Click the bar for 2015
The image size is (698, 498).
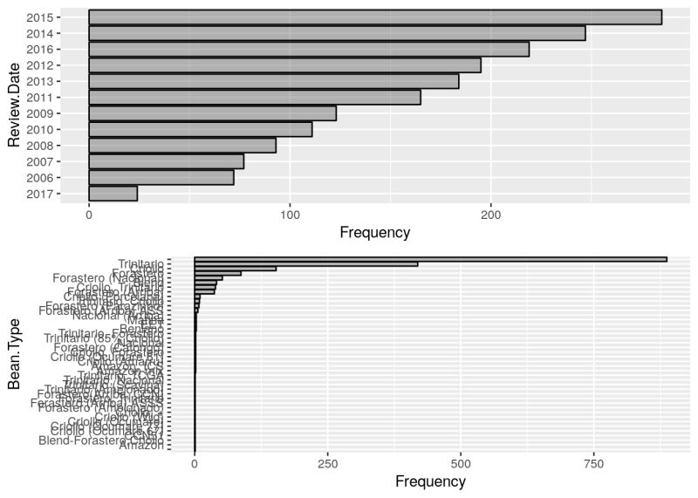pyautogui.click(x=375, y=17)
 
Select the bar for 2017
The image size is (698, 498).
pyautogui.click(x=113, y=194)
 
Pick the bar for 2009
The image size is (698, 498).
pyautogui.click(x=212, y=113)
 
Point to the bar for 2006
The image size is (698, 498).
pyautogui.click(x=161, y=178)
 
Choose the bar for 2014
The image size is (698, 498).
pyautogui.click(x=337, y=33)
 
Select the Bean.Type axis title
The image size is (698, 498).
pyautogui.click(x=14, y=356)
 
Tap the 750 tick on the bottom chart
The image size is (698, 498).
pyautogui.click(x=594, y=464)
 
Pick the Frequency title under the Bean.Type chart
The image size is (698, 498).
pyautogui.click(x=430, y=481)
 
